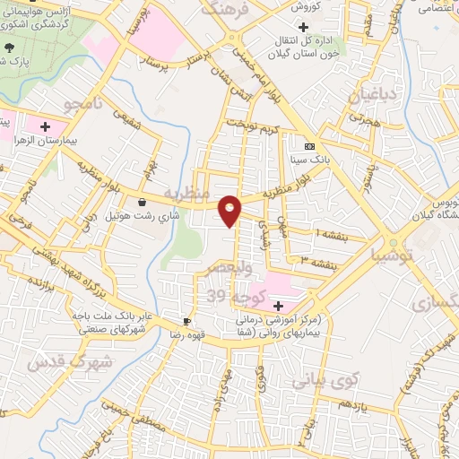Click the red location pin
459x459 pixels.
pos(231,210)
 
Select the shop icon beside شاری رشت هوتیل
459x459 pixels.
pos(143,203)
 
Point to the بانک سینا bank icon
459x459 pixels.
pos(309,146)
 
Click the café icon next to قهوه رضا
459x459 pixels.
pos(186,321)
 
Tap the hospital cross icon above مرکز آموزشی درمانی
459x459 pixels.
pos(278,306)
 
